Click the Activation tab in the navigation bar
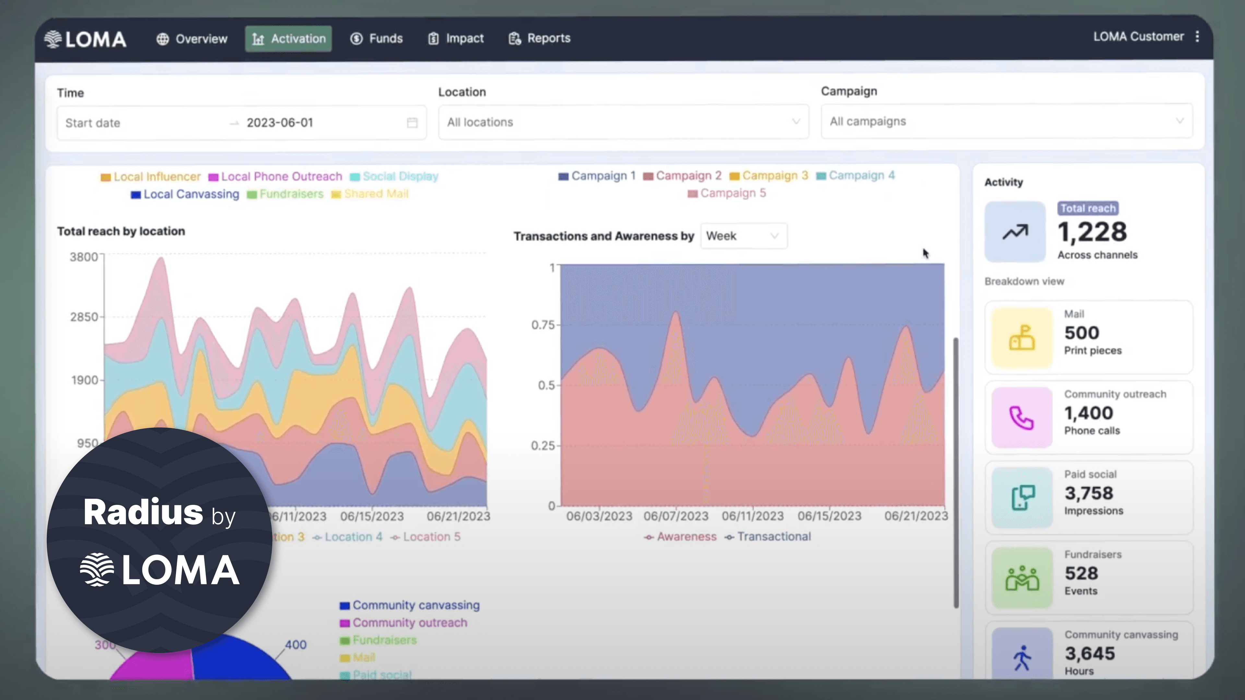pyautogui.click(x=289, y=39)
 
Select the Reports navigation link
pyautogui.click(x=539, y=38)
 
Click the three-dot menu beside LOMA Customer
pyautogui.click(x=1197, y=37)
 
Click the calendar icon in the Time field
pyautogui.click(x=412, y=123)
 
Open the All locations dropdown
pyautogui.click(x=623, y=122)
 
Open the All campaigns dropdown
pyautogui.click(x=1006, y=121)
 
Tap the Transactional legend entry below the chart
pyautogui.click(x=768, y=537)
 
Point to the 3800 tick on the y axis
pyautogui.click(x=84, y=257)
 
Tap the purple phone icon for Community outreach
pyautogui.click(x=1022, y=418)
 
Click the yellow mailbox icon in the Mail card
pyautogui.click(x=1022, y=338)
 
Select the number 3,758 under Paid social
pyautogui.click(x=1088, y=493)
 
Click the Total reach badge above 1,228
pyautogui.click(x=1087, y=208)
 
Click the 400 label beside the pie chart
pyautogui.click(x=295, y=645)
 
